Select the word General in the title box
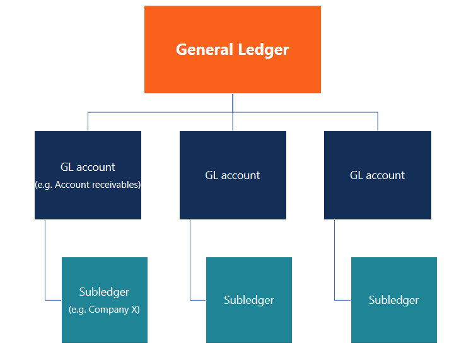tap(202, 49)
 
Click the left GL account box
tap(88, 202)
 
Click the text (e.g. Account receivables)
tap(88, 185)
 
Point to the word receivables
tap(117, 185)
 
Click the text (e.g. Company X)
tap(104, 310)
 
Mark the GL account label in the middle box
tap(233, 175)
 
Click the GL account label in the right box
tap(377, 175)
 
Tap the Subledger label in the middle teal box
tap(249, 300)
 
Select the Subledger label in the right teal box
tap(393, 300)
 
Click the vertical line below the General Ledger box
tap(233, 103)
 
